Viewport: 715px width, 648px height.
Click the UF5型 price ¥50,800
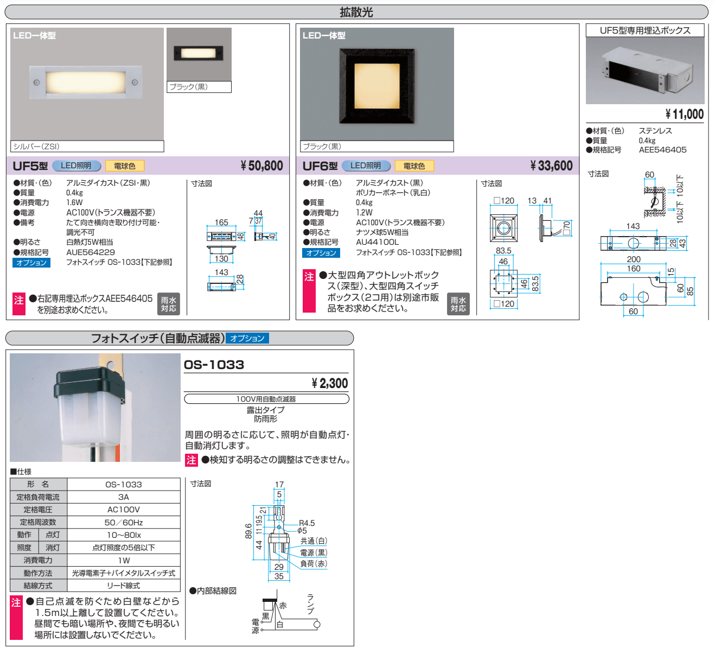[x=262, y=166]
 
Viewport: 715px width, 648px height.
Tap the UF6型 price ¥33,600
[x=551, y=166]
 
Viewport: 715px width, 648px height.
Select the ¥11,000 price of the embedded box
[x=685, y=114]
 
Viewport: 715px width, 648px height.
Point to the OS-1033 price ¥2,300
[x=330, y=383]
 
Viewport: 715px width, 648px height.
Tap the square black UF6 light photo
[x=377, y=85]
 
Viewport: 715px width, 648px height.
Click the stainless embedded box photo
[x=645, y=70]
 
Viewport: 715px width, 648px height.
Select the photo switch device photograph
[x=95, y=407]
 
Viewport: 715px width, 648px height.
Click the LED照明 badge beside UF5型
[x=76, y=166]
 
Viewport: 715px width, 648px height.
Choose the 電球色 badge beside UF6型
[x=414, y=166]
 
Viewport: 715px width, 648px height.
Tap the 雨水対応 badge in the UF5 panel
[x=169, y=304]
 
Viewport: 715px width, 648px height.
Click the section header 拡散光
[x=356, y=12]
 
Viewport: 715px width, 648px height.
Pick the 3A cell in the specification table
[x=124, y=497]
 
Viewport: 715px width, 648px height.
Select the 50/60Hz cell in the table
[x=124, y=522]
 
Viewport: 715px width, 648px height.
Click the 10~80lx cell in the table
[x=124, y=535]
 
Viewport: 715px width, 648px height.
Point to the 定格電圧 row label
[x=38, y=510]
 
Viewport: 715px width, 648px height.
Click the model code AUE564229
[x=91, y=252]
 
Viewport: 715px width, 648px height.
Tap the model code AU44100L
[x=378, y=242]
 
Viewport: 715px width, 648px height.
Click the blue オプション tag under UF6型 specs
[x=321, y=253]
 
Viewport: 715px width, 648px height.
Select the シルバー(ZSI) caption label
[x=37, y=147]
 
